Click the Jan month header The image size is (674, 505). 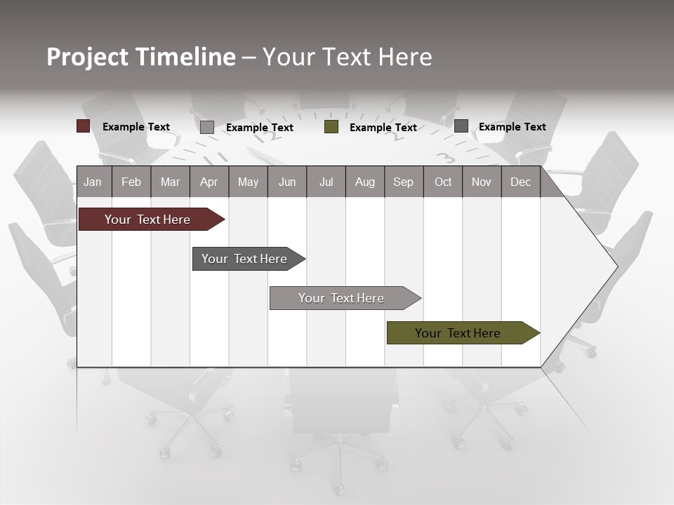click(93, 182)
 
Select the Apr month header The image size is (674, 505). click(209, 182)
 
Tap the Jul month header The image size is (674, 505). click(326, 182)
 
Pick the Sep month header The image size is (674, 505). click(403, 182)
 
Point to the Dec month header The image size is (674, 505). click(520, 182)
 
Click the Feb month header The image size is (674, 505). click(131, 182)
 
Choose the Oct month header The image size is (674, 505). click(443, 182)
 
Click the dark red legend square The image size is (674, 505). click(83, 126)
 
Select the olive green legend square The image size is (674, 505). click(331, 127)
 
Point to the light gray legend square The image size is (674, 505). click(206, 127)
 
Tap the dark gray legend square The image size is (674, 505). click(461, 126)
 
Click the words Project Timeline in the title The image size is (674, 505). click(140, 57)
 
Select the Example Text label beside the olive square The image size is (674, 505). click(383, 128)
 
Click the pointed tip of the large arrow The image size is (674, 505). click(616, 266)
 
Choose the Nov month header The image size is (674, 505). click(482, 182)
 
